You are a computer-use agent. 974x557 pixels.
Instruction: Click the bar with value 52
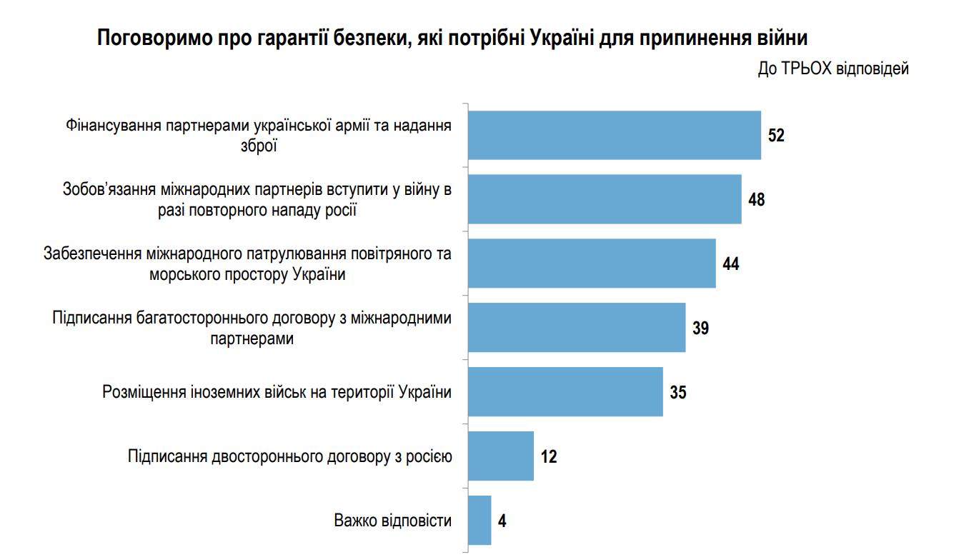[615, 135]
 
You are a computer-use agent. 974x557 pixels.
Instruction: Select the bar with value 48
[605, 199]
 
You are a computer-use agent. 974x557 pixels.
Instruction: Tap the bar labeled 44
[592, 264]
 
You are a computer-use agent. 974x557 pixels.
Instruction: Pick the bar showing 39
[577, 328]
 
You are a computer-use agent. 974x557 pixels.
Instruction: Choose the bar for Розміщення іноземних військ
[565, 391]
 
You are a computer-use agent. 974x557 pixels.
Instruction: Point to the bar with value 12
[501, 456]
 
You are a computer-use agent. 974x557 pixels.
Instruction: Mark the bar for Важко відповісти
[479, 520]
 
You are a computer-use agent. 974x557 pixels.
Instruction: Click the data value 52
[776, 136]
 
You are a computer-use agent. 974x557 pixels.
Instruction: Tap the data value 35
[678, 392]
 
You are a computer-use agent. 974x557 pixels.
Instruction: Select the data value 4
[502, 521]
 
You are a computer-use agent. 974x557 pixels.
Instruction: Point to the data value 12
[549, 456]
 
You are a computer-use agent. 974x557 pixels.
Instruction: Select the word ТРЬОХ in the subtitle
[807, 69]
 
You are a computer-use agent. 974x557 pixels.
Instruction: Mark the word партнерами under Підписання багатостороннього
[252, 338]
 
